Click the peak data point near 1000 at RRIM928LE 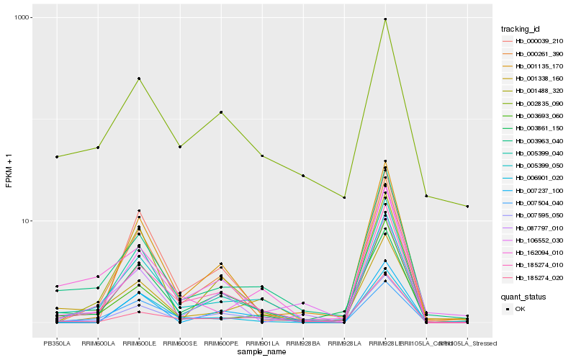click(x=385, y=19)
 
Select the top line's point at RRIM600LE click(x=139, y=78)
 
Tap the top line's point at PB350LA click(x=57, y=157)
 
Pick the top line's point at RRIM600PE click(x=221, y=112)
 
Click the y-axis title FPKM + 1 click(x=9, y=171)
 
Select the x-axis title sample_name click(x=262, y=352)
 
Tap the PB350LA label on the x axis click(x=57, y=343)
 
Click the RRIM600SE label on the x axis click(x=180, y=343)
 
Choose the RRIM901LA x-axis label click(x=262, y=343)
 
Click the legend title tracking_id click(x=520, y=29)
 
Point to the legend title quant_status click(x=523, y=296)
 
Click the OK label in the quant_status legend click(x=521, y=309)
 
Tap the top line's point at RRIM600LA click(x=98, y=148)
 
